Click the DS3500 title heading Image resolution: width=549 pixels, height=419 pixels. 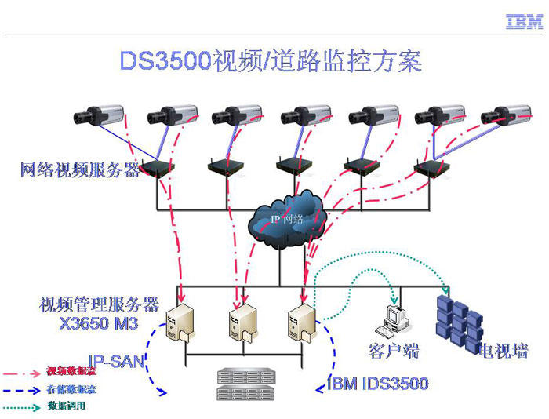pyautogui.click(x=271, y=61)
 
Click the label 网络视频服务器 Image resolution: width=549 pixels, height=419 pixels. pyautogui.click(x=80, y=169)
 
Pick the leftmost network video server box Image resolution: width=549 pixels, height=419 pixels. pyautogui.click(x=157, y=168)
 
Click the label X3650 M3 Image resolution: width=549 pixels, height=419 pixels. pyautogui.click(x=99, y=322)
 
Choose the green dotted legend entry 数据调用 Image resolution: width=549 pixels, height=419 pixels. pyautogui.click(x=66, y=406)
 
